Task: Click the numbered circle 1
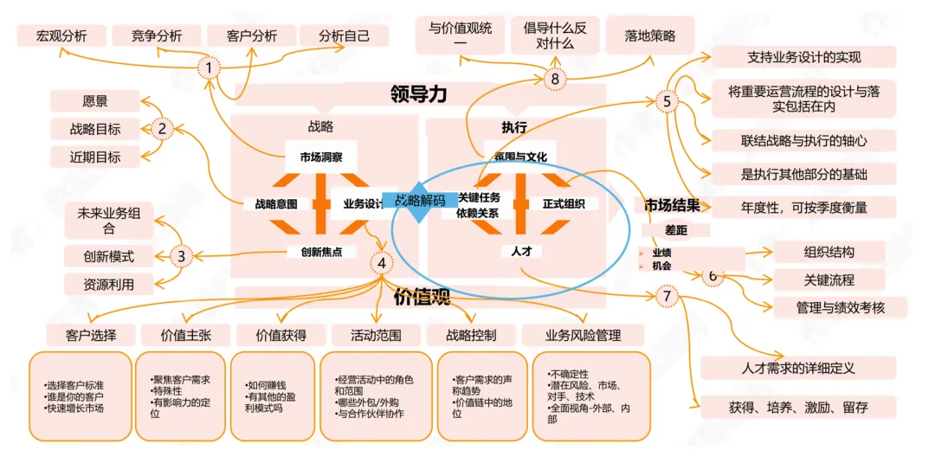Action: click(x=208, y=67)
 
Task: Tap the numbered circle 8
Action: click(x=555, y=79)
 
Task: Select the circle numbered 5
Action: click(x=667, y=102)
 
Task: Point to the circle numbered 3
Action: click(x=181, y=255)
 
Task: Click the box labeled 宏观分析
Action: click(x=61, y=35)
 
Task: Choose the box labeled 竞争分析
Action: click(x=157, y=35)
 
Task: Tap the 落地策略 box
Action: click(x=650, y=35)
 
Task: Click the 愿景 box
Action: click(x=95, y=101)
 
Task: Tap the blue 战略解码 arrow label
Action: click(x=421, y=200)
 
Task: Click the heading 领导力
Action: click(x=418, y=93)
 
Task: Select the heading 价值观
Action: click(x=422, y=298)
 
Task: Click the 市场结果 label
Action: click(x=672, y=206)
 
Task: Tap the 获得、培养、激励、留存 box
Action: click(x=797, y=406)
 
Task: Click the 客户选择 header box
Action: click(x=91, y=335)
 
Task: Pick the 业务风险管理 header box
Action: click(x=583, y=335)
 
